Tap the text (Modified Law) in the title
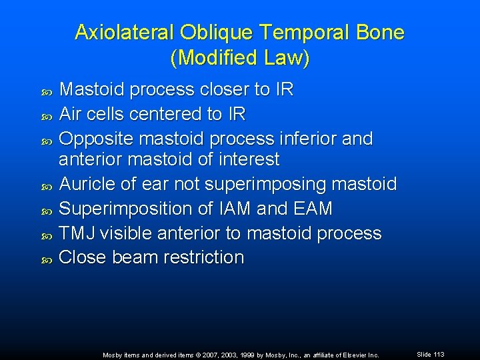click(240, 58)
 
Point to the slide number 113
click(438, 354)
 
